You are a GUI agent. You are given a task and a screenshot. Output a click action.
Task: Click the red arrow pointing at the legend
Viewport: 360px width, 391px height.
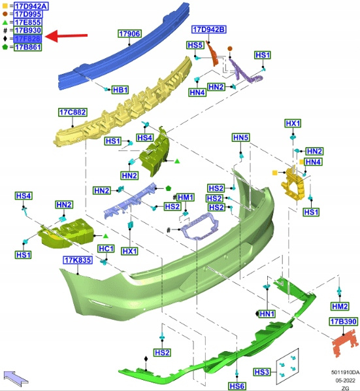pyautogui.click(x=67, y=36)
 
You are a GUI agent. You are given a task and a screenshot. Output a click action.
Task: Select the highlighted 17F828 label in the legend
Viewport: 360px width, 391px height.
pyautogui.click(x=27, y=39)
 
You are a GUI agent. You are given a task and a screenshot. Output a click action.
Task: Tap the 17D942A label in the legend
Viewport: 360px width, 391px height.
pyautogui.click(x=31, y=6)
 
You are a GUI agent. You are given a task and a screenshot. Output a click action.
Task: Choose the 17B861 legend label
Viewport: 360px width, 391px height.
pyautogui.click(x=27, y=47)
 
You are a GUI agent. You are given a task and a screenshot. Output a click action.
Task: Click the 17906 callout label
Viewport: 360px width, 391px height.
pyautogui.click(x=129, y=33)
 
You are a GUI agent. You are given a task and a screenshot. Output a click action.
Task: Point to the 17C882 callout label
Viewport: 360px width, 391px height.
pyautogui.click(x=73, y=112)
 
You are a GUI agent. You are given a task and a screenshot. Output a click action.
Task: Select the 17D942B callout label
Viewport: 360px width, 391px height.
pyautogui.click(x=209, y=29)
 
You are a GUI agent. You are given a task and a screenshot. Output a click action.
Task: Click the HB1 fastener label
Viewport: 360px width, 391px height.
pyautogui.click(x=120, y=90)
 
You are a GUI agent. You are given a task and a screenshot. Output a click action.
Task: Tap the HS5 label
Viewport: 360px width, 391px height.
pyautogui.click(x=195, y=45)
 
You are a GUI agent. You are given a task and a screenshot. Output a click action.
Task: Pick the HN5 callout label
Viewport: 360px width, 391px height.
pyautogui.click(x=240, y=137)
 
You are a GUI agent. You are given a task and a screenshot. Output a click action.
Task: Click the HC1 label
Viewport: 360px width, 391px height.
pyautogui.click(x=106, y=248)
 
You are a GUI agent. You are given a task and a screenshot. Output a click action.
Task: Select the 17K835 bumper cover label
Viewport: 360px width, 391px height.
pyautogui.click(x=78, y=260)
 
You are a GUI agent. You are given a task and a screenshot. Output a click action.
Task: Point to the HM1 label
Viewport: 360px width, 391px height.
pyautogui.click(x=186, y=197)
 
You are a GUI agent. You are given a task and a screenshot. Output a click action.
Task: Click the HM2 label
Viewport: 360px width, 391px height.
pyautogui.click(x=340, y=306)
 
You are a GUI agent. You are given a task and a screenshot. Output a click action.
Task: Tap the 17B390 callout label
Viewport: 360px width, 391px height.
pyautogui.click(x=344, y=322)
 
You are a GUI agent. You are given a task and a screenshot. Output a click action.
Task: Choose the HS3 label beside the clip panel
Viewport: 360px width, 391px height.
pyautogui.click(x=261, y=372)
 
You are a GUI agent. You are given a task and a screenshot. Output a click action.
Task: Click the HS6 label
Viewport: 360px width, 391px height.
pyautogui.click(x=237, y=386)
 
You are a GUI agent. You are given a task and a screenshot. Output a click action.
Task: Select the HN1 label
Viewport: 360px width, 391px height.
pyautogui.click(x=267, y=314)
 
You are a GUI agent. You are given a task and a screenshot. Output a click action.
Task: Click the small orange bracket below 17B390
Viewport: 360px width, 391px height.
pyautogui.click(x=346, y=341)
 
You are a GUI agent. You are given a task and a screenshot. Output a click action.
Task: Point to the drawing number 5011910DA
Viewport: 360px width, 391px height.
pyautogui.click(x=346, y=372)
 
